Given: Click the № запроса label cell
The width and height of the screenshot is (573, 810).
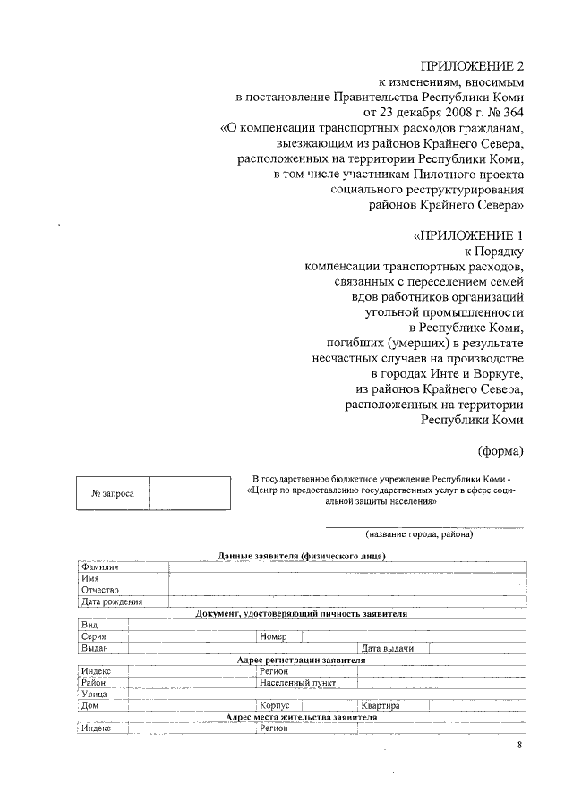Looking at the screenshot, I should point(113,494).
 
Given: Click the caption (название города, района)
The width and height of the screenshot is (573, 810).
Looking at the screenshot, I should point(418,534).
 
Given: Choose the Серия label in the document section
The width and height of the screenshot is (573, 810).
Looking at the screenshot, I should point(94,636).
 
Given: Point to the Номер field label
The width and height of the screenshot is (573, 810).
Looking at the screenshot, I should point(273,636).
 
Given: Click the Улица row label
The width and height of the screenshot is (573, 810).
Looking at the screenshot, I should point(94,694).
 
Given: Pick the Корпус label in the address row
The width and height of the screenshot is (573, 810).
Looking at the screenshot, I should point(274,705).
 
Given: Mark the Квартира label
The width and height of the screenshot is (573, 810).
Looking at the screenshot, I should point(381,705).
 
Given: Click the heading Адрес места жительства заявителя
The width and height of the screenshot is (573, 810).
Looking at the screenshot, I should point(302,717).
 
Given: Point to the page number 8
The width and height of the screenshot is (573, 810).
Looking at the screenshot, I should point(519,745).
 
